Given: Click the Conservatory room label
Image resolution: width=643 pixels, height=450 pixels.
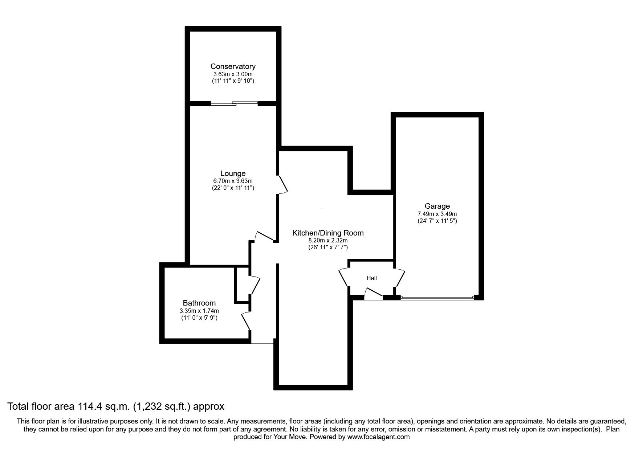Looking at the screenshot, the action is pyautogui.click(x=233, y=66).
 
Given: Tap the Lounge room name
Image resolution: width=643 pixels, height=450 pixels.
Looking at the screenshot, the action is pyautogui.click(x=233, y=173).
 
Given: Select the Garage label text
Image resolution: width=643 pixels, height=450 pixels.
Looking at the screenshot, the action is pyautogui.click(x=437, y=206).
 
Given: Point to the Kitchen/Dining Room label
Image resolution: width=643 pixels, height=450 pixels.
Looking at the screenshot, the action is pyautogui.click(x=328, y=233).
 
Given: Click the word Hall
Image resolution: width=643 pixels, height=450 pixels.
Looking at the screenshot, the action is pyautogui.click(x=371, y=278).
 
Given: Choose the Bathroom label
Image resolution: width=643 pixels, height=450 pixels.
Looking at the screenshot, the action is pyautogui.click(x=199, y=303).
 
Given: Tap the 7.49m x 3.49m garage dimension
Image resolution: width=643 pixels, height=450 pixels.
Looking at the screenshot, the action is pyautogui.click(x=437, y=214).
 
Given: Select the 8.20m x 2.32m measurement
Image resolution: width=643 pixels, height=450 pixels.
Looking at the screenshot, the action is pyautogui.click(x=328, y=241).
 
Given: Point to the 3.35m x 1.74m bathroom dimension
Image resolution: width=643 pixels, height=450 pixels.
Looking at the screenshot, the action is pyautogui.click(x=199, y=311).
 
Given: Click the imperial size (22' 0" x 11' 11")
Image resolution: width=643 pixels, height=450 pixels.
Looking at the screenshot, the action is pyautogui.click(x=233, y=188).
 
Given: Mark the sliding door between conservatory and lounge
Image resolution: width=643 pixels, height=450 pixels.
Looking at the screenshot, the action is pyautogui.click(x=234, y=103).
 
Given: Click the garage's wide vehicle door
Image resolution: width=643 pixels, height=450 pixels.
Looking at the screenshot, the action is pyautogui.click(x=438, y=298).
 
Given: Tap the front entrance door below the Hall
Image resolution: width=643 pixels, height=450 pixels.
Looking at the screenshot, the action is pyautogui.click(x=373, y=294).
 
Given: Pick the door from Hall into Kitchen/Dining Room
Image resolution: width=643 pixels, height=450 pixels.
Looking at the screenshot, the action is pyautogui.click(x=344, y=278).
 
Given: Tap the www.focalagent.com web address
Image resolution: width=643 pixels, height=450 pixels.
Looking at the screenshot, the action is pyautogui.click(x=378, y=437).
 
